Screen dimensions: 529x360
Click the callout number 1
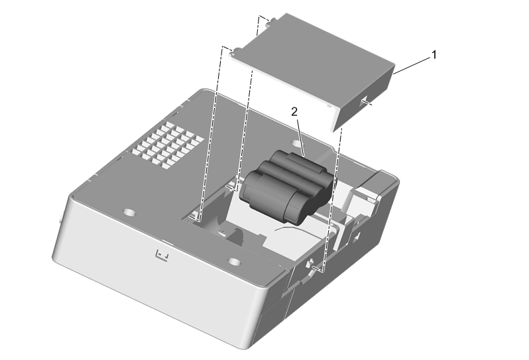pyautogui.click(x=434, y=54)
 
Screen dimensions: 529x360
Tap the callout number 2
pyautogui.click(x=294, y=112)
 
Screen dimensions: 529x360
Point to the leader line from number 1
pyautogui.click(x=412, y=66)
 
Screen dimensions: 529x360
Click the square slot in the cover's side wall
pyautogui.click(x=364, y=101)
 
